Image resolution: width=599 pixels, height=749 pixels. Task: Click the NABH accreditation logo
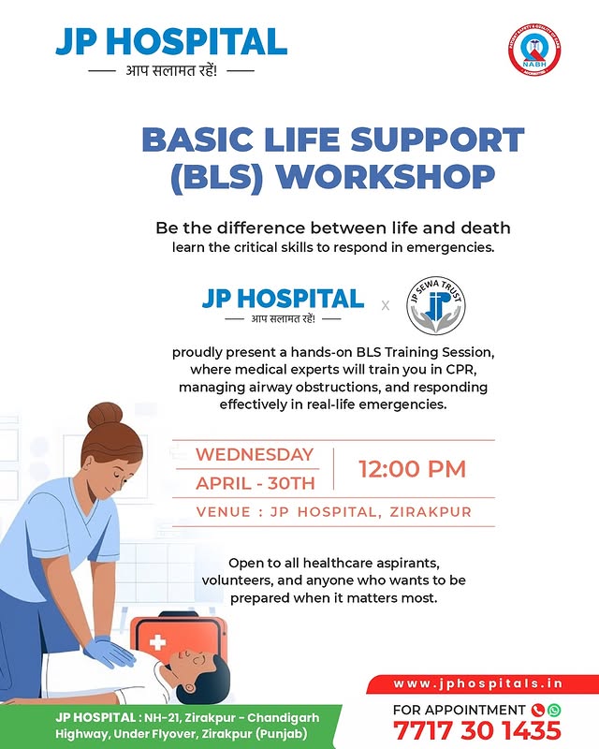click(534, 51)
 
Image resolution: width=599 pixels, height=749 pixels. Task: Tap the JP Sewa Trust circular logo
click(435, 305)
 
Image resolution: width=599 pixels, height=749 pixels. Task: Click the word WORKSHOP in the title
click(386, 178)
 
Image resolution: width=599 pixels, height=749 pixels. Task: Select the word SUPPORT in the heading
click(437, 140)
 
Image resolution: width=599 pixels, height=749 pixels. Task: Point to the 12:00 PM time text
click(412, 469)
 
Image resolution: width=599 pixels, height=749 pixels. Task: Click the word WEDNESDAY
click(255, 454)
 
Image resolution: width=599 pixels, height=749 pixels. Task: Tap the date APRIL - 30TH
click(256, 483)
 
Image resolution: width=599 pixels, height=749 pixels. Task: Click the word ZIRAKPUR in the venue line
click(431, 512)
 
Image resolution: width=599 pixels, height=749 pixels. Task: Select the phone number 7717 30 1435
click(476, 731)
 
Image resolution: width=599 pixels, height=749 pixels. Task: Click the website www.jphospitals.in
click(477, 683)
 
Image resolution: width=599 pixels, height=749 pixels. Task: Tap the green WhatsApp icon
click(554, 710)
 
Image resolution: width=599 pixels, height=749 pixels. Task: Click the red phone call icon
click(538, 710)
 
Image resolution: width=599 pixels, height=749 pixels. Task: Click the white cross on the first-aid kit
click(157, 642)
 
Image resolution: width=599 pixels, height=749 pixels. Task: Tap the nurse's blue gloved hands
click(110, 652)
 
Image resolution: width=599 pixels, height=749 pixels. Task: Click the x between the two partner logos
click(386, 305)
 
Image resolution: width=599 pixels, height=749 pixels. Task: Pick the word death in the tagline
click(486, 228)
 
